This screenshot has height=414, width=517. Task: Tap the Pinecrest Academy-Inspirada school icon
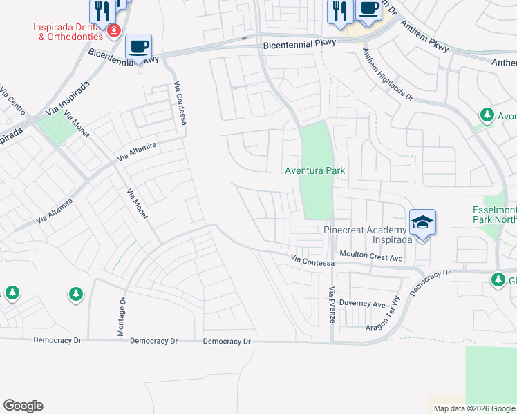(422, 222)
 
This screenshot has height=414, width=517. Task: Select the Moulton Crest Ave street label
(375, 257)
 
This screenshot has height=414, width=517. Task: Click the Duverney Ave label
(366, 304)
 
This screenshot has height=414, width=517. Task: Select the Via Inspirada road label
(68, 101)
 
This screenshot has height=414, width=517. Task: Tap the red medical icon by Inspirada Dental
(113, 31)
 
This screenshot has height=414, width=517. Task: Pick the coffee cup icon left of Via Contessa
(138, 47)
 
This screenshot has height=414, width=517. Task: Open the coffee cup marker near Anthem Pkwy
(368, 8)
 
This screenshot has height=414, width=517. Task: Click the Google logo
(23, 406)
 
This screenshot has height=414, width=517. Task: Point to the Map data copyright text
(473, 408)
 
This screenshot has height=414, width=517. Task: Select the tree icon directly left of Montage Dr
(75, 295)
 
